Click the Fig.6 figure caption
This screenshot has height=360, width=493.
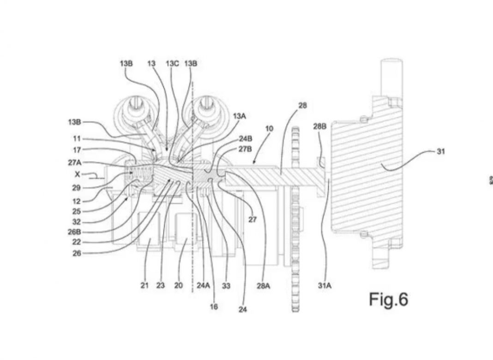click(x=388, y=300)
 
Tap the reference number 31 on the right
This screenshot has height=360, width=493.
click(x=441, y=151)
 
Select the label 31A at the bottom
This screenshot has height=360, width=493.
click(x=325, y=285)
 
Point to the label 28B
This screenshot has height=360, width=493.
click(x=320, y=126)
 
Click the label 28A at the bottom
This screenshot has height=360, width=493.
click(x=263, y=285)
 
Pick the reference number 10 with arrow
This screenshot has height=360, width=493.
click(x=270, y=128)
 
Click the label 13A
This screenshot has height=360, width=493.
click(x=240, y=116)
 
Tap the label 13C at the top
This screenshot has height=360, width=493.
click(x=172, y=64)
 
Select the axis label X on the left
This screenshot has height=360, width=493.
click(x=78, y=174)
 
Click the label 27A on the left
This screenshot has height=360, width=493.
click(x=74, y=162)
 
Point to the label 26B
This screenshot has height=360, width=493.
click(x=74, y=232)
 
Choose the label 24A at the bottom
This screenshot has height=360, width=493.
click(x=203, y=285)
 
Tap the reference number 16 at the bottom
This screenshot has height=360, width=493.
click(x=214, y=306)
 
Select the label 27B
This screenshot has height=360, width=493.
click(x=245, y=149)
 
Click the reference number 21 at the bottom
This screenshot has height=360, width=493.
click(x=144, y=285)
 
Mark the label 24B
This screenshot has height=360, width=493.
click(x=246, y=138)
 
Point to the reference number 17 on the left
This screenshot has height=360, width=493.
click(x=77, y=150)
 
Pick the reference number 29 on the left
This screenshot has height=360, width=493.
click(x=77, y=188)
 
